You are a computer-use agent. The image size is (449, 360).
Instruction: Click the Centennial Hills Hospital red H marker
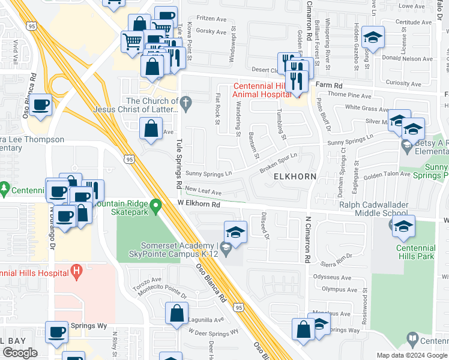pyautogui.click(x=76, y=272)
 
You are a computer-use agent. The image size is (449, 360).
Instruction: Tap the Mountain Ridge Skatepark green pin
pyautogui.click(x=156, y=208)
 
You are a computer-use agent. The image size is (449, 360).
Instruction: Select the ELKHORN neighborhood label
pyautogui.click(x=295, y=177)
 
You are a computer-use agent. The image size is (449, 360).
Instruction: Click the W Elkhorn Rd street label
pyautogui.click(x=199, y=204)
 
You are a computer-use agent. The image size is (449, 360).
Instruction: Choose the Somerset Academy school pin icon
pyautogui.click(x=225, y=247)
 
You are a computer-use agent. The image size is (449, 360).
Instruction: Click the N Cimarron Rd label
pyautogui.click(x=308, y=240)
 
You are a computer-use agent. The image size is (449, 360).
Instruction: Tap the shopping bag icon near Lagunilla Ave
pyautogui.click(x=176, y=314)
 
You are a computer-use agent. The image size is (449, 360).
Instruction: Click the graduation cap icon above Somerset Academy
pyautogui.click(x=236, y=232)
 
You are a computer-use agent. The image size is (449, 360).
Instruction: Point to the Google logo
pyautogui.click(x=20, y=353)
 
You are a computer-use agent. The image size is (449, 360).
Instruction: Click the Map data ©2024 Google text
pyautogui.click(x=412, y=355)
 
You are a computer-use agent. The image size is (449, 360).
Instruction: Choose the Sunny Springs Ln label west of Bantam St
pyautogui.click(x=208, y=174)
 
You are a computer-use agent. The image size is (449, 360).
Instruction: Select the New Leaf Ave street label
pyautogui.click(x=203, y=192)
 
